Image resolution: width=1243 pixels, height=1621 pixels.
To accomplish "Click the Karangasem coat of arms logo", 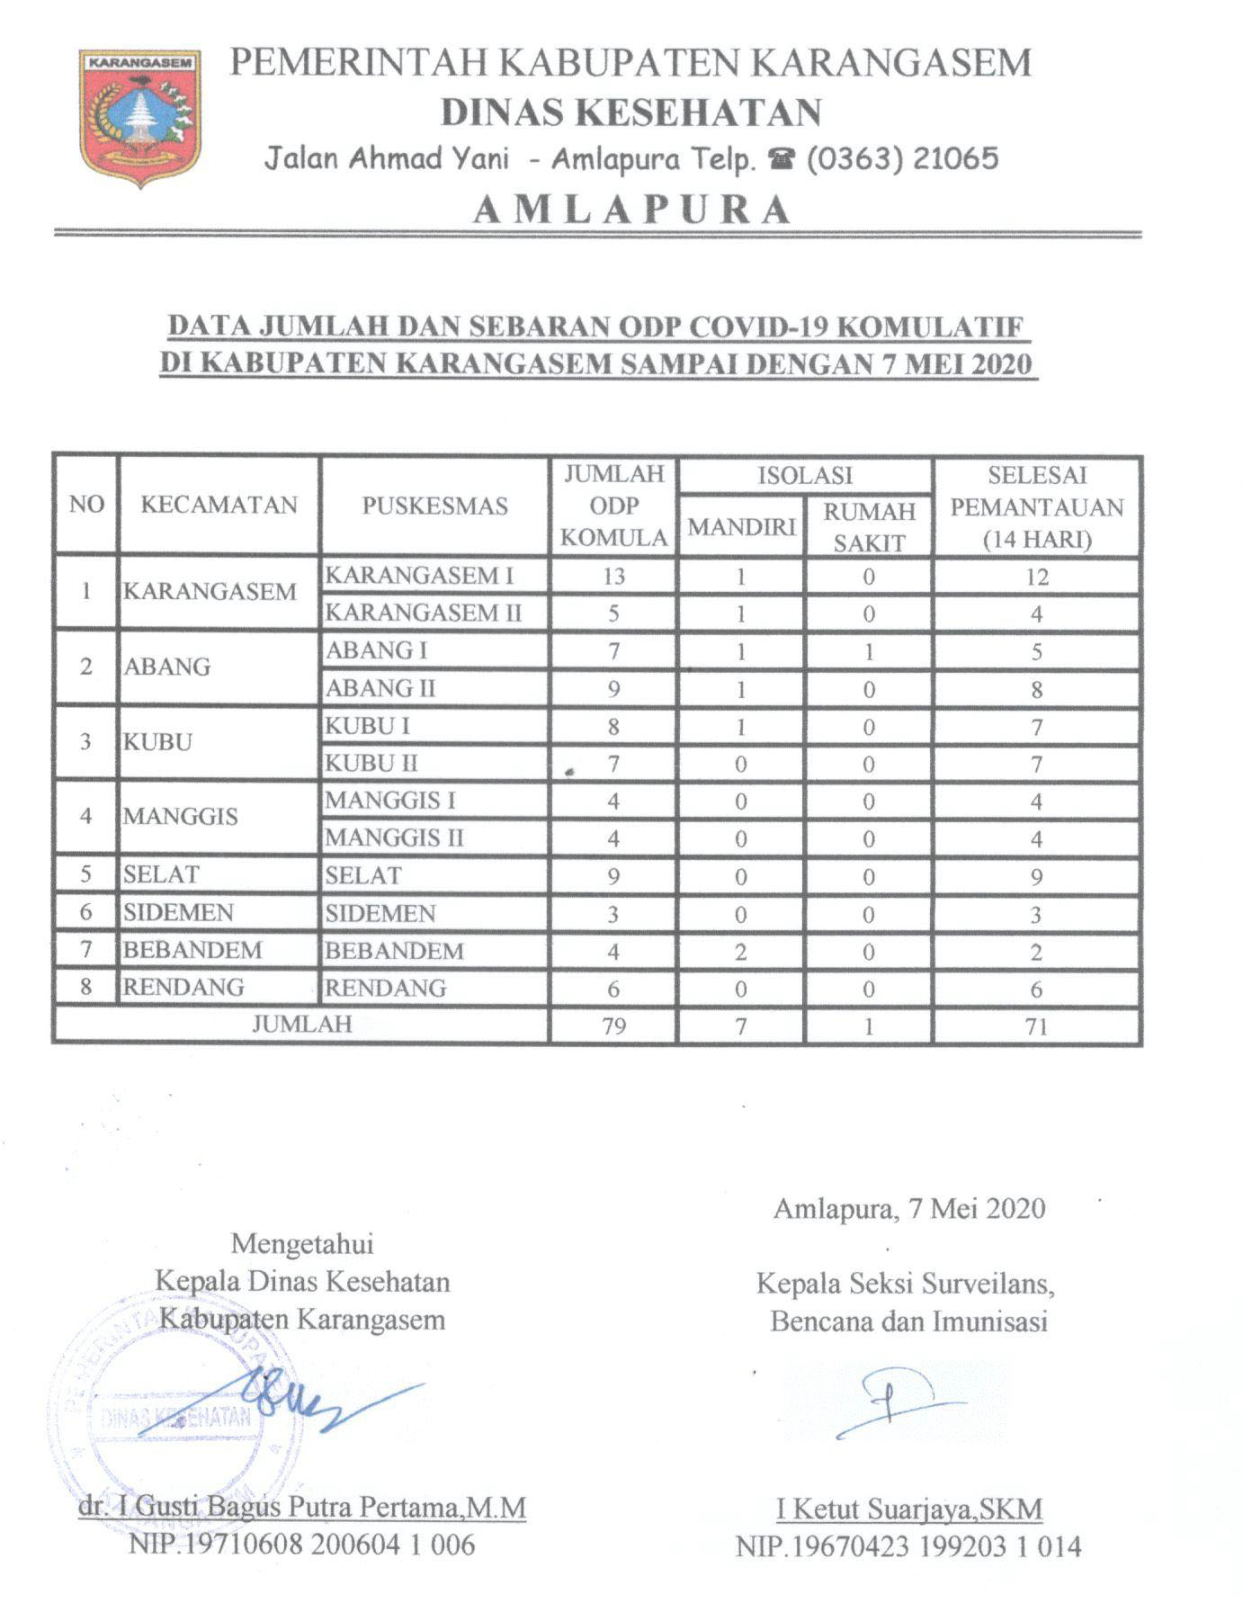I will coord(139,117).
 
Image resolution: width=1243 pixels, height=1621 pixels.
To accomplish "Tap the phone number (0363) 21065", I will coord(902,159).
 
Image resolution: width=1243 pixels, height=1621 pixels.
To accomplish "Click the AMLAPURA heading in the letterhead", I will coord(631,210).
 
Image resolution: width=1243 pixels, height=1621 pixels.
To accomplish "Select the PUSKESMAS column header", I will coord(434,506).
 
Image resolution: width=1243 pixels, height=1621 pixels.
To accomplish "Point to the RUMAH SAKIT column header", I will coord(869,526).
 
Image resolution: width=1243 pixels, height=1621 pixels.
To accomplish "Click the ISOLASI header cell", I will coord(805,475).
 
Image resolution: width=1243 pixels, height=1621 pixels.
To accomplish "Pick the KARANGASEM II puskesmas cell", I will coord(423,613).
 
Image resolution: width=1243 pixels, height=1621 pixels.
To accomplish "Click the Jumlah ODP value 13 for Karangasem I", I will coord(613,576).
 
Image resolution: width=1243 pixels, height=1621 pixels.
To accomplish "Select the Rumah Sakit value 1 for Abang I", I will coord(869,651).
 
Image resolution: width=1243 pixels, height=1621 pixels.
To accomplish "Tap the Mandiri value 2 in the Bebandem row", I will coord(740,952).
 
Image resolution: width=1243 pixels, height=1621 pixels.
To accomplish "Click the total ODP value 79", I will coord(613,1026).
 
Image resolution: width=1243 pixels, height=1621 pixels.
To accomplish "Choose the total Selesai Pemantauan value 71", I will coord(1036,1026).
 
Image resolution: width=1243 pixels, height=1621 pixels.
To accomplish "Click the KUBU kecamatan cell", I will coord(158,742).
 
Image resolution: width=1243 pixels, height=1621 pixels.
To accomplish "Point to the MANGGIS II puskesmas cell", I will coord(394,838).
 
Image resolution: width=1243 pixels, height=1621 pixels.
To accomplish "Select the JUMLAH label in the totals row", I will coord(301,1025).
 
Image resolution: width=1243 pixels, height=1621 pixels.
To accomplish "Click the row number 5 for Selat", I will coord(85,875).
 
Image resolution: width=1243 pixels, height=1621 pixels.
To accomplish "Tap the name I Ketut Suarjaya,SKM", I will coord(909,1509).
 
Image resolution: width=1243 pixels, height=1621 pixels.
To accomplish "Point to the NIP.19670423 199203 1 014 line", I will coord(908,1546).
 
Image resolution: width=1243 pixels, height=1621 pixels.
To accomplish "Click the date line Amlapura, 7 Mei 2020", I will coord(909,1208).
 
